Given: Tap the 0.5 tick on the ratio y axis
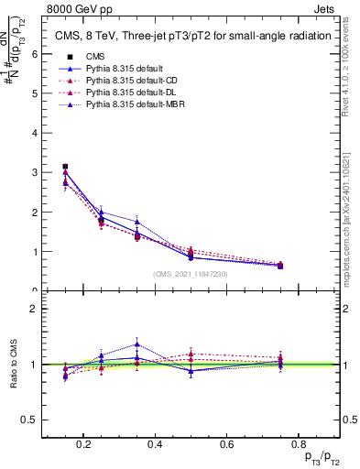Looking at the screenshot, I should point(31,420).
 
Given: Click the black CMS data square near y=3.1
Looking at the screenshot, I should point(65,167).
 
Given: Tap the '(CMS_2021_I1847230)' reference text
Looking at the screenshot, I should point(191,274).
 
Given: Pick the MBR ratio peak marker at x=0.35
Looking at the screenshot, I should point(136,344).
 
